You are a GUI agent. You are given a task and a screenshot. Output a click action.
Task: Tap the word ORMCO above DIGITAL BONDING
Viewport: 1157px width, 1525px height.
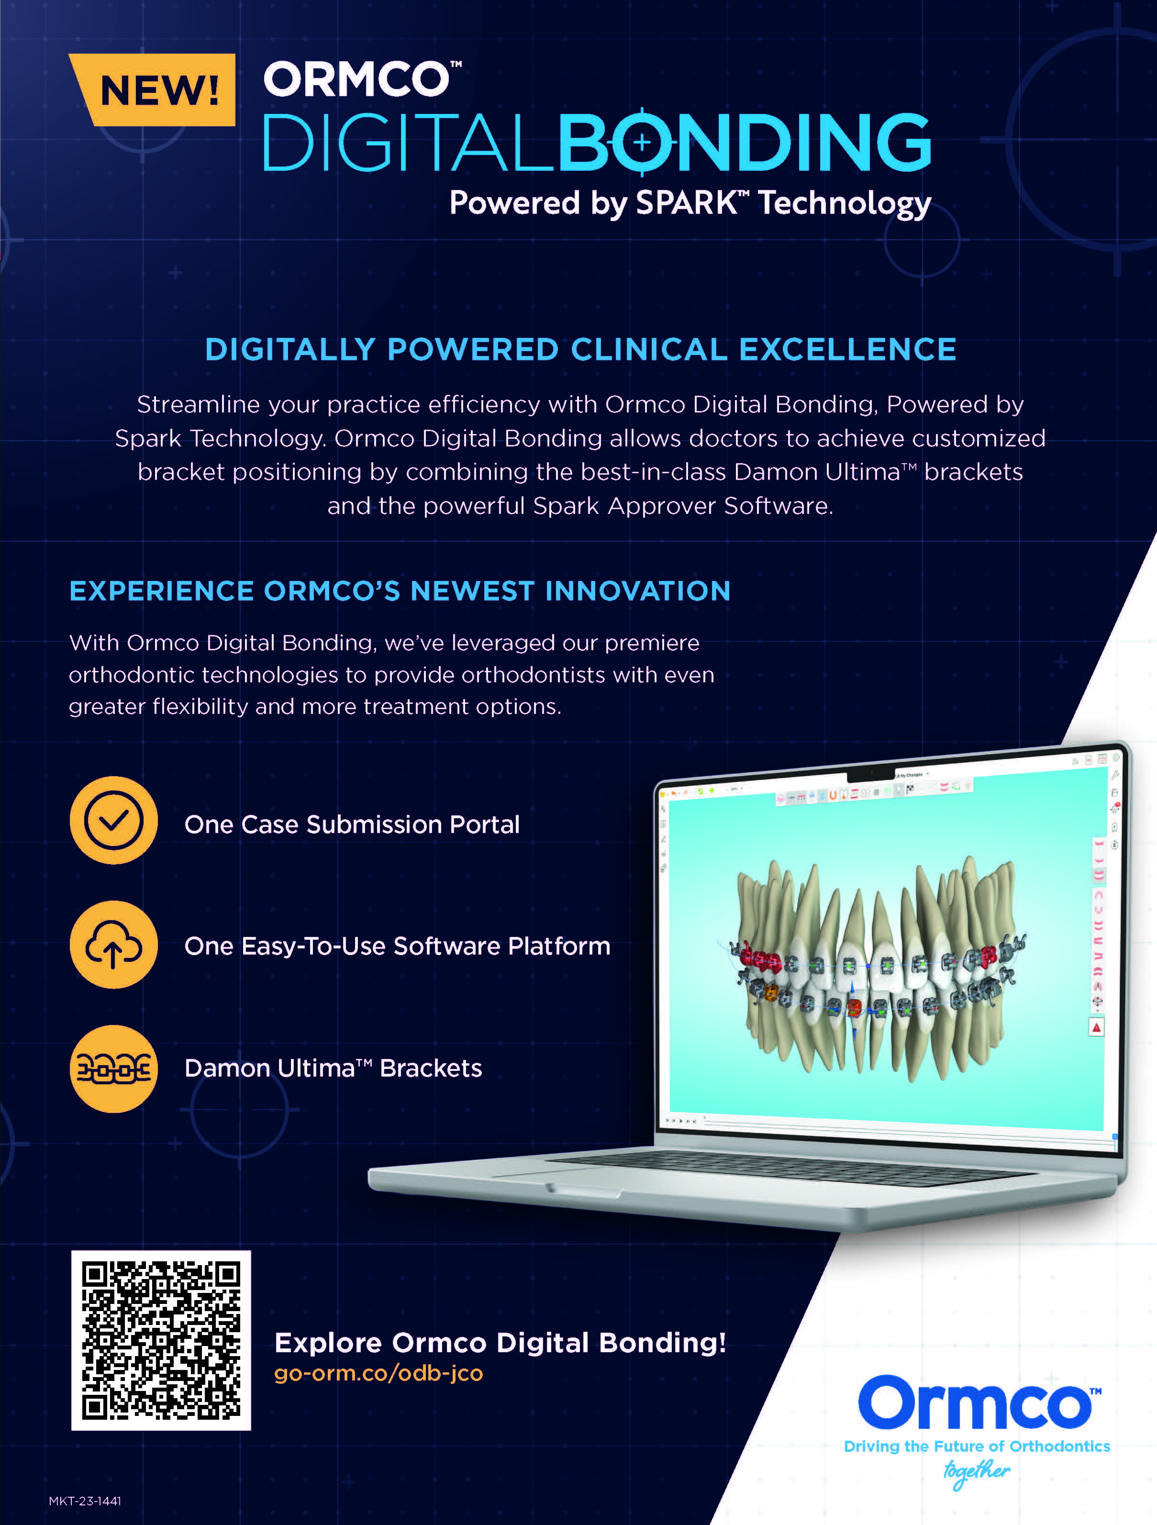pyautogui.click(x=357, y=79)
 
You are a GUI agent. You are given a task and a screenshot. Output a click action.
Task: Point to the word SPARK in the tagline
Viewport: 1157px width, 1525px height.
pyautogui.click(x=686, y=203)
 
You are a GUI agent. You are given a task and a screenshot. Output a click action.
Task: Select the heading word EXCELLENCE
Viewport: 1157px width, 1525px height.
pyautogui.click(x=847, y=349)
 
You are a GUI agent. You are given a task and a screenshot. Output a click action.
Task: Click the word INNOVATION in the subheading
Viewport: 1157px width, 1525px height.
pyautogui.click(x=638, y=591)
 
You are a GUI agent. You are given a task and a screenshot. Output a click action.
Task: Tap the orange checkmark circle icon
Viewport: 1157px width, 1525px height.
pyautogui.click(x=114, y=821)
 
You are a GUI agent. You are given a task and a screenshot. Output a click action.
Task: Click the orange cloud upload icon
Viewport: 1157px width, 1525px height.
pyautogui.click(x=114, y=945)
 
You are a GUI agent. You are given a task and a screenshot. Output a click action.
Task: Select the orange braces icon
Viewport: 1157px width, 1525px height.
pyautogui.click(x=114, y=1069)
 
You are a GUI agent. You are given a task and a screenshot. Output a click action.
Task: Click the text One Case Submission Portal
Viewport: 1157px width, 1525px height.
pyautogui.click(x=352, y=824)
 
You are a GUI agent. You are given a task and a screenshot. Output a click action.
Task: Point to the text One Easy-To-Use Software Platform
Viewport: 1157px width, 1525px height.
pyautogui.click(x=397, y=946)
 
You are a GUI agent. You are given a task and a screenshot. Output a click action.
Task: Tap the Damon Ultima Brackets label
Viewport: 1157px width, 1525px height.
pyautogui.click(x=333, y=1068)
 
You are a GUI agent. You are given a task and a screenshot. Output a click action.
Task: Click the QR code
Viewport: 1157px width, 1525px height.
pyautogui.click(x=161, y=1340)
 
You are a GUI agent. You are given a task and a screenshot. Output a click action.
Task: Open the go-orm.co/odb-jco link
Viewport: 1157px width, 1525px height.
pyautogui.click(x=378, y=1373)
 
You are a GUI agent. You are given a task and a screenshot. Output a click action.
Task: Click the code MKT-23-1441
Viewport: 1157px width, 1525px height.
pyautogui.click(x=85, y=1501)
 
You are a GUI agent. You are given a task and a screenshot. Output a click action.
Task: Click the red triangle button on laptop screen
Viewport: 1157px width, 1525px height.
pyautogui.click(x=1096, y=1028)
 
